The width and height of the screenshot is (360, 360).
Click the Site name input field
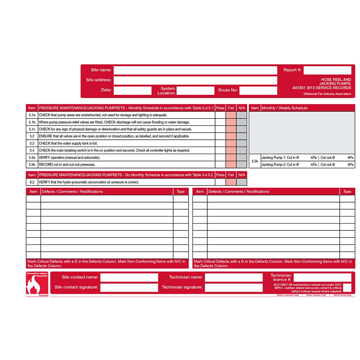click(195, 70)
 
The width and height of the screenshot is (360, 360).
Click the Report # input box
click(327, 70)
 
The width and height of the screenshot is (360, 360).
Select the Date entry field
click(132, 90)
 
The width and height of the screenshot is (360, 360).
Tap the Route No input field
click(258, 90)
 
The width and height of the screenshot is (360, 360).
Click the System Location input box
click(195, 91)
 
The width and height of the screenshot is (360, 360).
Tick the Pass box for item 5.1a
click(220, 115)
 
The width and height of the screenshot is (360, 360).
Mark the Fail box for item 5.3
click(231, 143)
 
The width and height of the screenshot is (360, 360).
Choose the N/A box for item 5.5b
click(241, 165)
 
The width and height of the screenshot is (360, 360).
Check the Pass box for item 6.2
click(220, 182)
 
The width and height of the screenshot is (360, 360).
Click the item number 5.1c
click(32, 129)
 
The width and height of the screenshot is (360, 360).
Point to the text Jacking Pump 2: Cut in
click(280, 165)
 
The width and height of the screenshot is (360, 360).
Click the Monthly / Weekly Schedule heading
click(284, 108)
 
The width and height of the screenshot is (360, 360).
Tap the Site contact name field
click(129, 277)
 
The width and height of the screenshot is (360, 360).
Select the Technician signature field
click(233, 287)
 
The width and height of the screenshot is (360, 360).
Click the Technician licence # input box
click(322, 277)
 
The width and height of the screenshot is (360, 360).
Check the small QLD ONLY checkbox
click(347, 287)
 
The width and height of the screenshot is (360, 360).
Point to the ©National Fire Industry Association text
click(327, 94)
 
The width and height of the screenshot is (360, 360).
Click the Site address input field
click(195, 80)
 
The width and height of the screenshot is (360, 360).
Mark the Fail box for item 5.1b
click(231, 122)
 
